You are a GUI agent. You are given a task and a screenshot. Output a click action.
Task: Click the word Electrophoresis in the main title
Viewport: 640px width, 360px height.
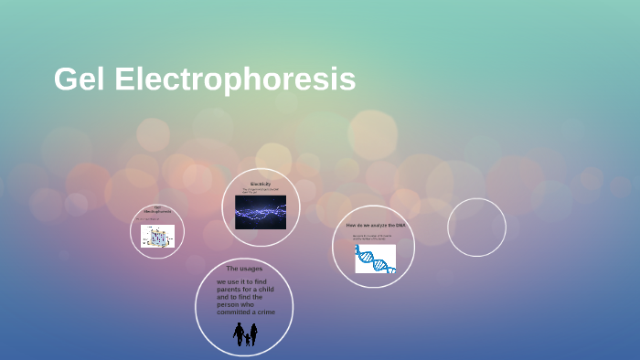pos(235,79)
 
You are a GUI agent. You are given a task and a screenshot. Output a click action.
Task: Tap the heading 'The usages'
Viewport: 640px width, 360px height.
pos(244,268)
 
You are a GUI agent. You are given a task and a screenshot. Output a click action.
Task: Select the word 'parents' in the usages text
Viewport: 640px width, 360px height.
pos(229,290)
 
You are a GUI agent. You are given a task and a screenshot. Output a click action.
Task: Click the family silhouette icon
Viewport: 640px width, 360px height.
pos(245,334)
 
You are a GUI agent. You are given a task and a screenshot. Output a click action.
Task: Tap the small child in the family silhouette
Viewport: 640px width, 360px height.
pos(246,339)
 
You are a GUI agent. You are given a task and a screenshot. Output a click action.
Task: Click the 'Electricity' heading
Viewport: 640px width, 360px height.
pos(261,184)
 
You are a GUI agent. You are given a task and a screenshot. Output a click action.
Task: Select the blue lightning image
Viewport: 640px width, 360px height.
pos(261,212)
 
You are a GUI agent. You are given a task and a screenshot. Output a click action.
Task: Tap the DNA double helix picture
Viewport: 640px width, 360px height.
pos(375,259)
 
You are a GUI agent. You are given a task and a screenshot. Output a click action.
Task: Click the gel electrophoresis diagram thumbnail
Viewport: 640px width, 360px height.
pos(157,237)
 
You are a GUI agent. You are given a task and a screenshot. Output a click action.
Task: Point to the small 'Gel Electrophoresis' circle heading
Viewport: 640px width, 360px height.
pos(157,212)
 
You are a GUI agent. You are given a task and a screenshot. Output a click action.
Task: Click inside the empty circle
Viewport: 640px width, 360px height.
pos(476,228)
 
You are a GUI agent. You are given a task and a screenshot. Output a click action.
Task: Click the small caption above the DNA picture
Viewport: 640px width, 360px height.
pos(372,238)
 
